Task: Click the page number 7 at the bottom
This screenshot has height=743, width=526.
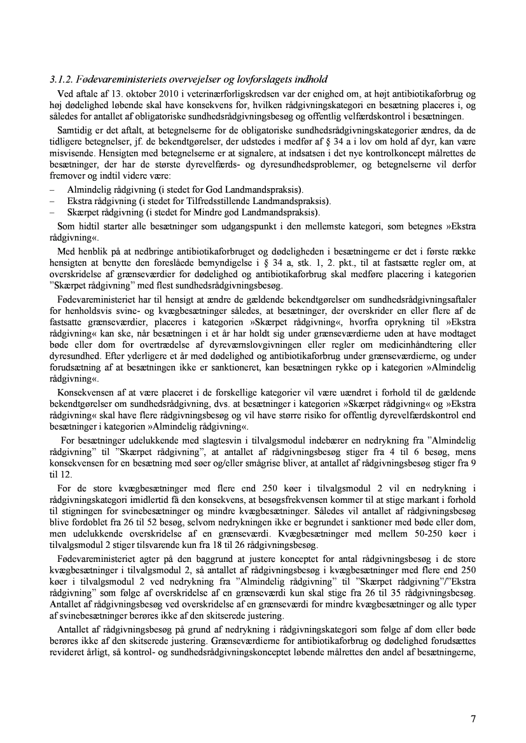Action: point(473,719)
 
